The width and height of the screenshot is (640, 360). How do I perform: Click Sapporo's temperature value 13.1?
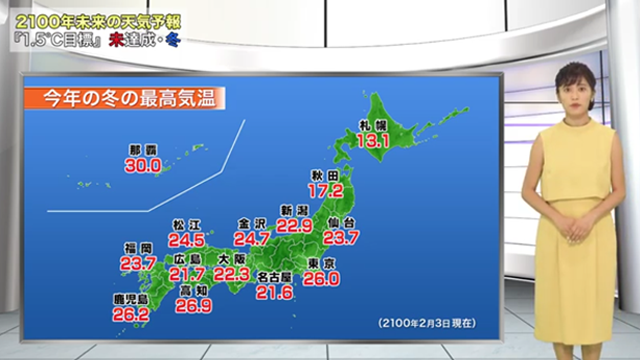[372, 142]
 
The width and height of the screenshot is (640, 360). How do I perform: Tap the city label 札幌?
[372, 125]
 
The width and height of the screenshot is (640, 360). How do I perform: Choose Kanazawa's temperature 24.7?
[251, 239]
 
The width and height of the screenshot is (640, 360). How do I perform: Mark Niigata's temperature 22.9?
[296, 227]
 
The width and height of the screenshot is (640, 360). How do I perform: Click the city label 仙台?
[342, 221]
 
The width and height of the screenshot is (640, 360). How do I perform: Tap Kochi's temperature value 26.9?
[193, 307]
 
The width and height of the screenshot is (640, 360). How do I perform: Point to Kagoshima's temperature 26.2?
[130, 314]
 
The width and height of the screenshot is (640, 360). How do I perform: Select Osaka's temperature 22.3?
[232, 275]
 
